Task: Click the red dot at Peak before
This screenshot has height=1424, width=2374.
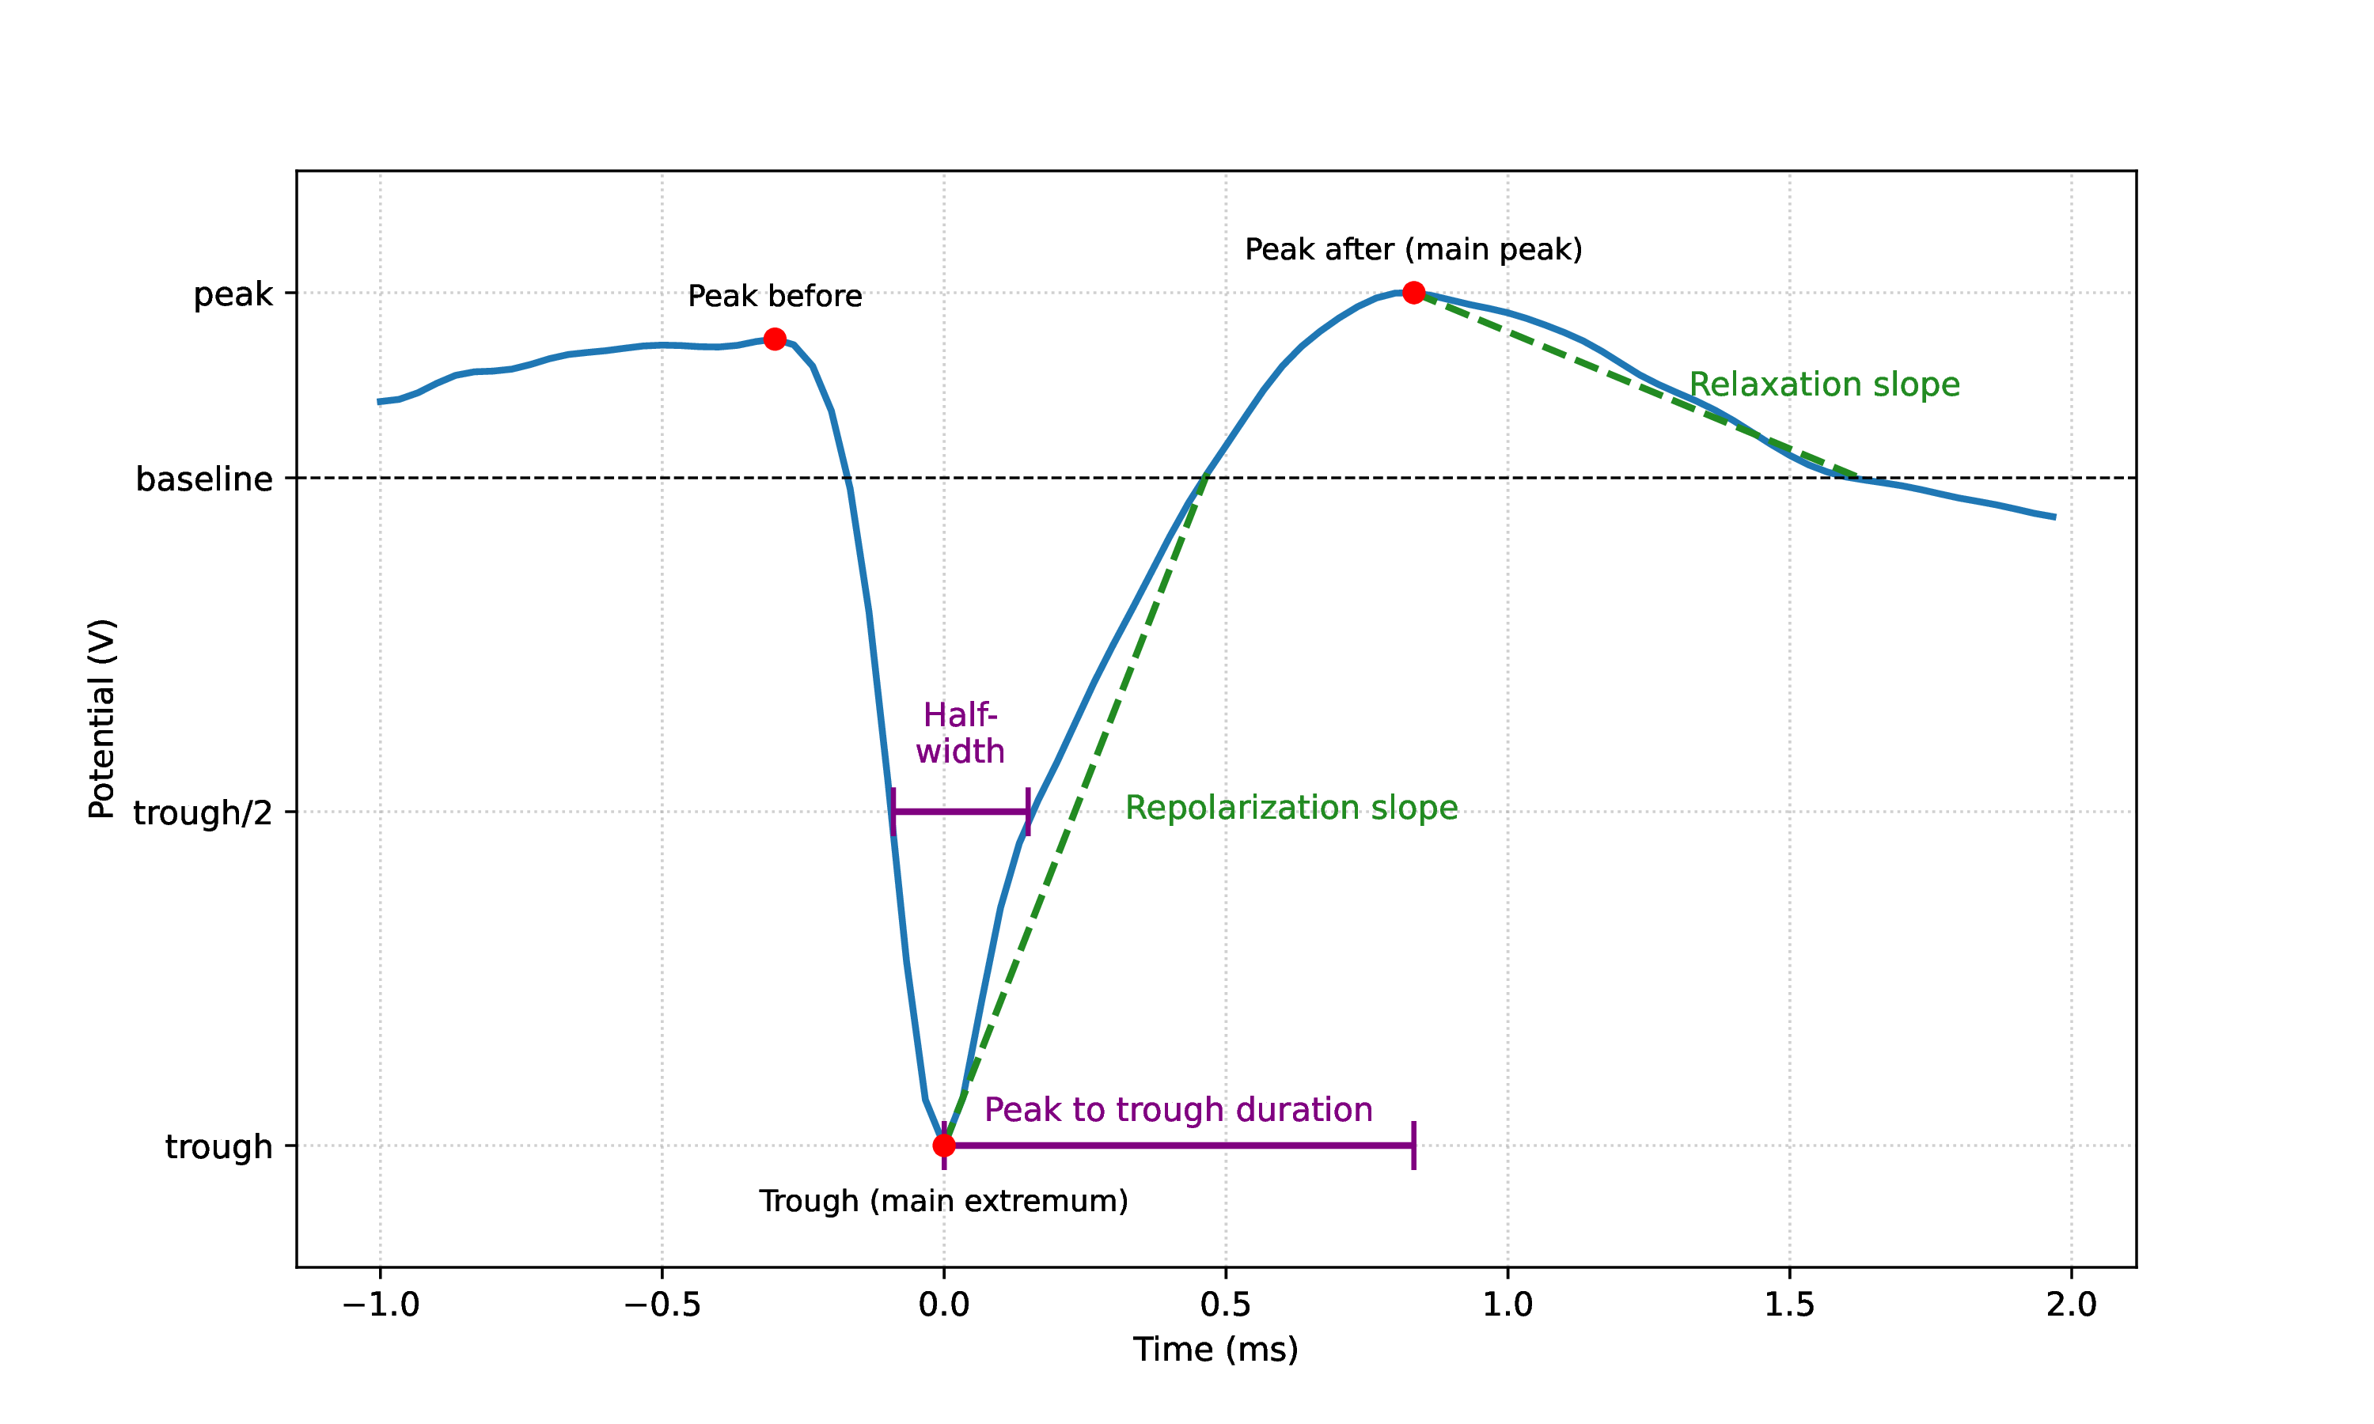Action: pos(775,339)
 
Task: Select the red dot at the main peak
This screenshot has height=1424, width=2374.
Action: pos(1413,293)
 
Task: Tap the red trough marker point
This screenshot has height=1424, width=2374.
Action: pos(943,1145)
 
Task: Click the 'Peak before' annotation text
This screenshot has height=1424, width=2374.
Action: pos(775,297)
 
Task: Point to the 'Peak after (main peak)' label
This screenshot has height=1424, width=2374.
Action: pos(1413,249)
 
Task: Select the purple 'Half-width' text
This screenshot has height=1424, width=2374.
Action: pos(960,733)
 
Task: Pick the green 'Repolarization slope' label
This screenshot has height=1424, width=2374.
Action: pos(1291,808)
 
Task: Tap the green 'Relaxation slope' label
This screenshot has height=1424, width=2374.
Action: pos(1823,384)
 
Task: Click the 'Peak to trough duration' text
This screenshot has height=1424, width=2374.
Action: pos(1178,1109)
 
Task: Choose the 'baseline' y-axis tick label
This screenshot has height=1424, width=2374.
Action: pos(203,479)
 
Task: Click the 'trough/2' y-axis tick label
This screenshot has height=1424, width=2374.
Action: pos(203,812)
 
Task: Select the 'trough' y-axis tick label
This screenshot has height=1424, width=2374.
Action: pos(218,1146)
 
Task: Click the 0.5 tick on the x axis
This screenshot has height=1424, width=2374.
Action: pos(1226,1304)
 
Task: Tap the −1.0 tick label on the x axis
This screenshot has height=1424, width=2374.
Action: pos(380,1304)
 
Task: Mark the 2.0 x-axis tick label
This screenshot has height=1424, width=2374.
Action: pos(2071,1304)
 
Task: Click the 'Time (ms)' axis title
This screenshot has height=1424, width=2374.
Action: pos(1215,1349)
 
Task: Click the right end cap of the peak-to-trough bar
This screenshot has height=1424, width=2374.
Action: pos(1413,1145)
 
